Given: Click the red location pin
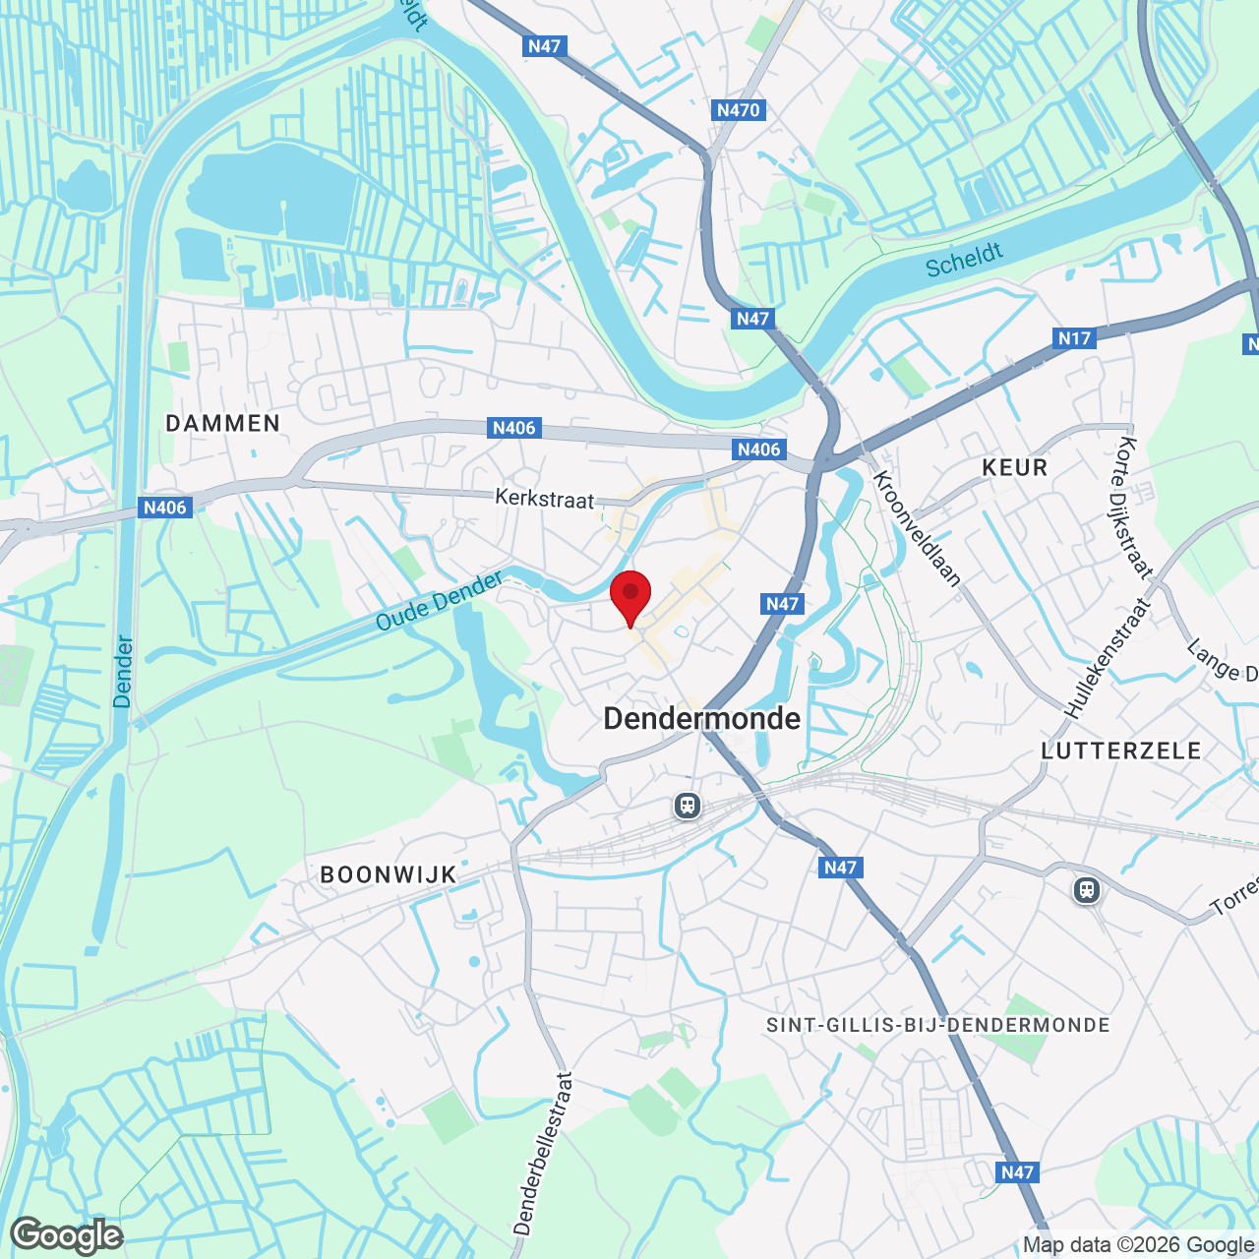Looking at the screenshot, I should pyautogui.click(x=630, y=595).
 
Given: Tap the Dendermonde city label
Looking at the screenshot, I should pyautogui.click(x=702, y=719).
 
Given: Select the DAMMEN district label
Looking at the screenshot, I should pyautogui.click(x=223, y=423).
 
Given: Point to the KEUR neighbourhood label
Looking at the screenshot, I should pyautogui.click(x=1015, y=467).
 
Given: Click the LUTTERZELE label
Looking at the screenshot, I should pyautogui.click(x=1121, y=750).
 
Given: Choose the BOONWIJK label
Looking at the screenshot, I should pyautogui.click(x=389, y=874).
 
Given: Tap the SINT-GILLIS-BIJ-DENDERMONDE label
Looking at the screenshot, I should pyautogui.click(x=938, y=1025).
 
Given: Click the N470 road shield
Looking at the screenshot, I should pyautogui.click(x=739, y=110).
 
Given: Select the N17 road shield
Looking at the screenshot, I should pyautogui.click(x=1074, y=338).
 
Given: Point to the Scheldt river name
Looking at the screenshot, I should pyautogui.click(x=964, y=260).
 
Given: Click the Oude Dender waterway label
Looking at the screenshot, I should pyautogui.click(x=440, y=601).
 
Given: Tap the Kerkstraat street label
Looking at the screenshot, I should pyautogui.click(x=545, y=499).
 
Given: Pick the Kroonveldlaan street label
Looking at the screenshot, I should pyautogui.click(x=917, y=528).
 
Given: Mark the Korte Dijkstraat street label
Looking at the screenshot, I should pyautogui.click(x=1134, y=506).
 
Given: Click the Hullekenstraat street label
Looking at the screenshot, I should pyautogui.click(x=1107, y=658).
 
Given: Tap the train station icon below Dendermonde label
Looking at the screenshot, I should pyautogui.click(x=687, y=807).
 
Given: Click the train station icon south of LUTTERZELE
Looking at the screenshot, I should pyautogui.click(x=1087, y=890).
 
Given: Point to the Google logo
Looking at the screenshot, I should pyautogui.click(x=67, y=1235).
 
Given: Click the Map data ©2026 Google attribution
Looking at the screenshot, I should pyautogui.click(x=1138, y=1245).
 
